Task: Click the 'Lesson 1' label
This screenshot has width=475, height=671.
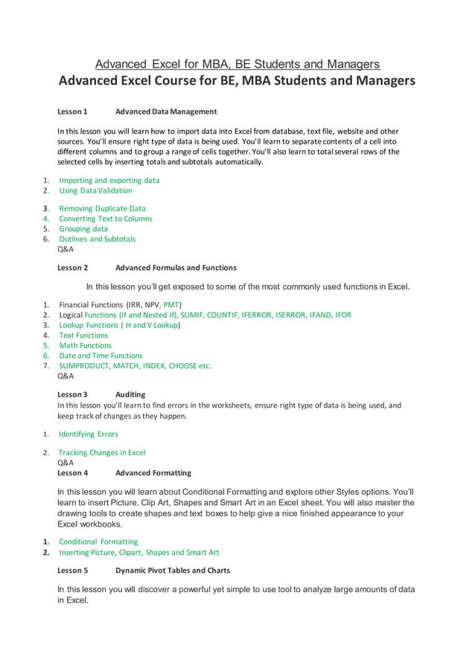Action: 72,112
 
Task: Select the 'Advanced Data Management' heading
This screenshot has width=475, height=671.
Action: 166,112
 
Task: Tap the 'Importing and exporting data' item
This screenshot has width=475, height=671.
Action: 109,180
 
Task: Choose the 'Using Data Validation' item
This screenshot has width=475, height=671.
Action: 95,190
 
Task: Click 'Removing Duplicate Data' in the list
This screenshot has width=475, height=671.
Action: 102,208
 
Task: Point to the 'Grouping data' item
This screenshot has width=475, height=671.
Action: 83,229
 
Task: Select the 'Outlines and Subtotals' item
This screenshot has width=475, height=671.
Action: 97,239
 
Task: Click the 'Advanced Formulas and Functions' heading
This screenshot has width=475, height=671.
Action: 176,267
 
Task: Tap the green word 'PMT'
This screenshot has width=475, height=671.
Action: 171,304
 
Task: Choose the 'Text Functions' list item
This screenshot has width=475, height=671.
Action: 83,335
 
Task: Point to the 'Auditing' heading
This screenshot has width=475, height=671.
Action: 130,394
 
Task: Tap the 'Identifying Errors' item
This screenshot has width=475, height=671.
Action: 88,434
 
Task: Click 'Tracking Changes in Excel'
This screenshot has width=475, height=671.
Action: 102,452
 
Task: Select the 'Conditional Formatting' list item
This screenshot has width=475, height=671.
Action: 98,542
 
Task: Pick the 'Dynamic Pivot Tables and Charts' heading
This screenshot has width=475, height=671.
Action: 173,571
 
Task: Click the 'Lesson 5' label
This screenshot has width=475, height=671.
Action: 72,571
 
